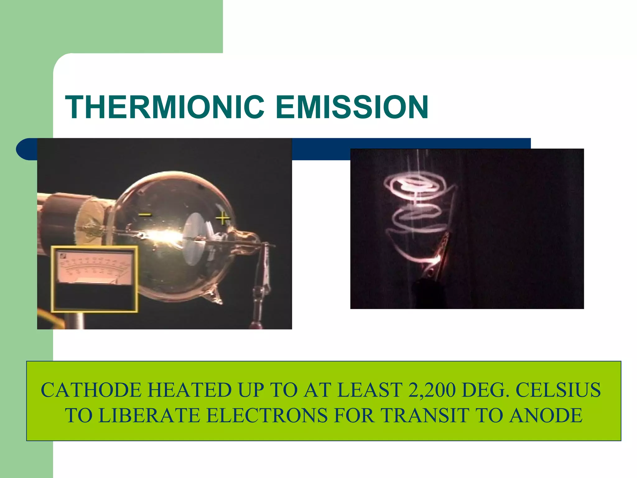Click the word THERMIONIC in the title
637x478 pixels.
[165, 107]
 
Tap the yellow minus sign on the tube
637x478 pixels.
[145, 214]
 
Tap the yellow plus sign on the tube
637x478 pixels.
[223, 218]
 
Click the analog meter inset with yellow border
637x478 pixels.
[94, 279]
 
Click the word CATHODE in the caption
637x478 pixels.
[91, 390]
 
